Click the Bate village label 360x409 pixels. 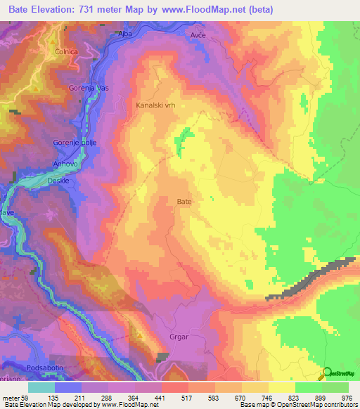pyautogui.click(x=184, y=201)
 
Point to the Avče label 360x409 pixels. pyautogui.click(x=199, y=34)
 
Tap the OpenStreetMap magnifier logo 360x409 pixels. pyautogui.click(x=327, y=373)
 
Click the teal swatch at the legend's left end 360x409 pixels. pyautogui.click(x=41, y=387)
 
